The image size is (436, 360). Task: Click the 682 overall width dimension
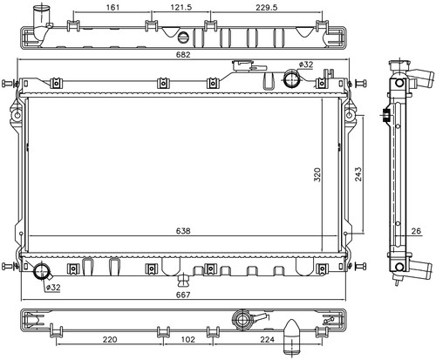pyautogui.click(x=183, y=54)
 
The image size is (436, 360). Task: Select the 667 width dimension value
pyautogui.click(x=183, y=295)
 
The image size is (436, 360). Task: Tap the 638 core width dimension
pyautogui.click(x=183, y=231)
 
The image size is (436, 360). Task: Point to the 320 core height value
pyautogui.click(x=317, y=174)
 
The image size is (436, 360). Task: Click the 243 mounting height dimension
pyautogui.click(x=358, y=174)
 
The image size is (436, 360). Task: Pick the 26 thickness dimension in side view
pyautogui.click(x=416, y=231)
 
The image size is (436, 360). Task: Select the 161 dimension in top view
pyautogui.click(x=112, y=7)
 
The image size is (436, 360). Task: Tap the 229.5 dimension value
pyautogui.click(x=267, y=7)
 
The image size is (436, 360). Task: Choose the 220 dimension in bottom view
pyautogui.click(x=110, y=339)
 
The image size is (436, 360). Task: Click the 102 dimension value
pyautogui.click(x=188, y=339)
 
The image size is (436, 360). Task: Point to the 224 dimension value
pyautogui.click(x=267, y=339)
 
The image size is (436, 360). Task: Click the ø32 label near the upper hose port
pyautogui.click(x=306, y=65)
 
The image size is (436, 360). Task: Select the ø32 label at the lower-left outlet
pyautogui.click(x=53, y=288)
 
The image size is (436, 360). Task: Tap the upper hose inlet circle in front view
pyautogui.click(x=292, y=78)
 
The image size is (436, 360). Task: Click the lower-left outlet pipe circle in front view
pyautogui.click(x=43, y=270)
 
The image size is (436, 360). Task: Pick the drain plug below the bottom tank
pyautogui.click(x=183, y=281)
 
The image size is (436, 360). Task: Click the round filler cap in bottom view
pyautogui.click(x=242, y=320)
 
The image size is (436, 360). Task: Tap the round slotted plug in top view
pyautogui.click(x=183, y=37)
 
